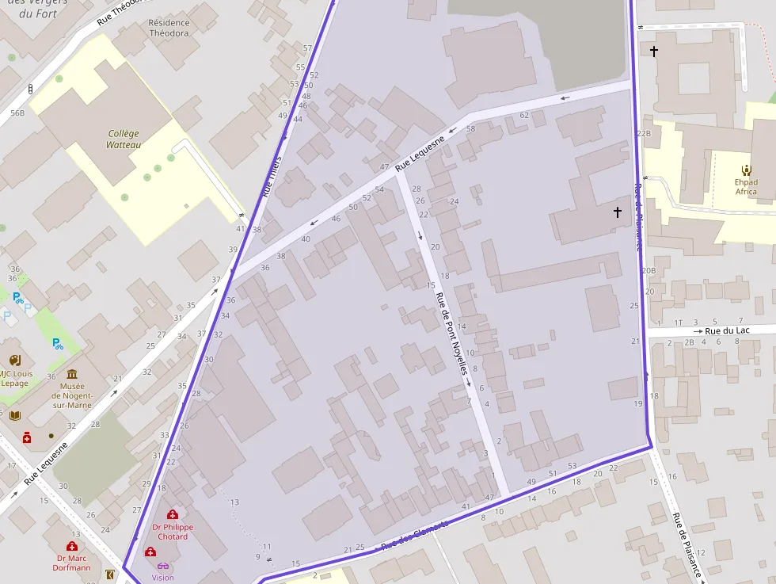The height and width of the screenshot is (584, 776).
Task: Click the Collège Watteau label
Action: tap(124, 139)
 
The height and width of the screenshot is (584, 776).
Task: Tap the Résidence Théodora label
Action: tap(169, 29)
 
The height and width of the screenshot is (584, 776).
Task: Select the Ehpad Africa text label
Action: tap(746, 186)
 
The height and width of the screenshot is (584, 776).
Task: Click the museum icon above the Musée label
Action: tap(72, 375)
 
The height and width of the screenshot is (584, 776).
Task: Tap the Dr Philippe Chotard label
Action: tap(173, 532)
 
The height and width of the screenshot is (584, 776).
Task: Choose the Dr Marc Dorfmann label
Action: tap(72, 563)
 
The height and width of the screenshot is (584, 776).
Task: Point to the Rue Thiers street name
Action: tap(272, 176)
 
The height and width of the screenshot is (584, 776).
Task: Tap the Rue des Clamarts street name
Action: tap(415, 536)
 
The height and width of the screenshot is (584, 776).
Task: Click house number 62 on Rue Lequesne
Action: tap(524, 116)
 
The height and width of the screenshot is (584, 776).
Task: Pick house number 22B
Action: tap(644, 134)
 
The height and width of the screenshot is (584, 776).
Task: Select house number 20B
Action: tap(649, 271)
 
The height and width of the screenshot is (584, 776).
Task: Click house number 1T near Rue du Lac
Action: tap(678, 323)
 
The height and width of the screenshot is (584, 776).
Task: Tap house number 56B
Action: tap(17, 113)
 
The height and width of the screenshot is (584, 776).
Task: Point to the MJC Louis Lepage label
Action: tap(14, 379)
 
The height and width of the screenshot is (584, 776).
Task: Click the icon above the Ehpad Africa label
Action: tap(746, 170)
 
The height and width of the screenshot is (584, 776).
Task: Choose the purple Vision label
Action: tap(163, 578)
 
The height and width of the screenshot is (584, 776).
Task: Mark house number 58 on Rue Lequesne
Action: tap(470, 128)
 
